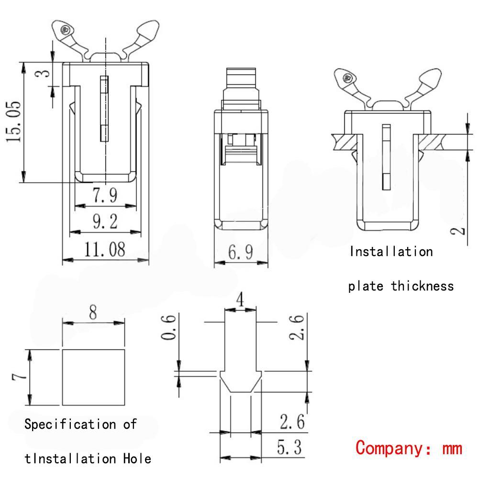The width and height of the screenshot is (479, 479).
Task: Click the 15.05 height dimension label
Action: pyautogui.click(x=13, y=122)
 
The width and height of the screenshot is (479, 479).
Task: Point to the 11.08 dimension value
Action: pyautogui.click(x=105, y=249)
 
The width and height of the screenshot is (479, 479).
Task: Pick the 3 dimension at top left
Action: pyautogui.click(x=43, y=74)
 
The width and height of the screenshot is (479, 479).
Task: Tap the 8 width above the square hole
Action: pyautogui.click(x=93, y=313)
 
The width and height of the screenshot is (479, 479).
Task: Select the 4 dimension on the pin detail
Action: pyautogui.click(x=241, y=301)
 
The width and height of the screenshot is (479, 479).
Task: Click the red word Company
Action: pyautogui.click(x=387, y=448)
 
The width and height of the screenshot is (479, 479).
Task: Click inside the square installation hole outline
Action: pyautogui.click(x=93, y=377)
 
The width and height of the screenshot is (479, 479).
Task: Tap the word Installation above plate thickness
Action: pyautogui.click(x=390, y=252)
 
